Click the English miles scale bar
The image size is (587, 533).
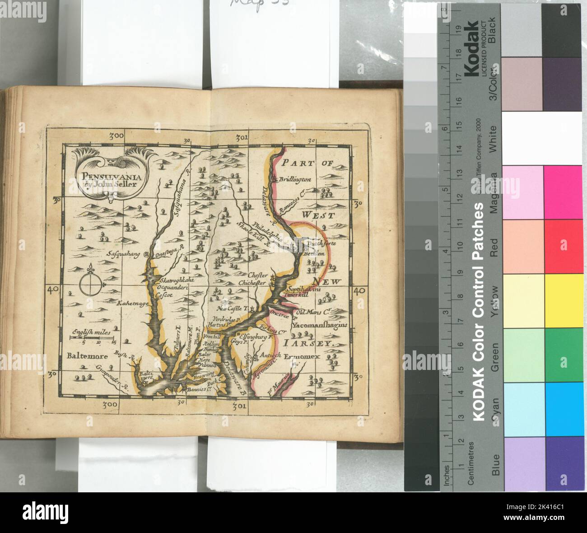[x=92, y=337]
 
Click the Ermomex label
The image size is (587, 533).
[x=302, y=356]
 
